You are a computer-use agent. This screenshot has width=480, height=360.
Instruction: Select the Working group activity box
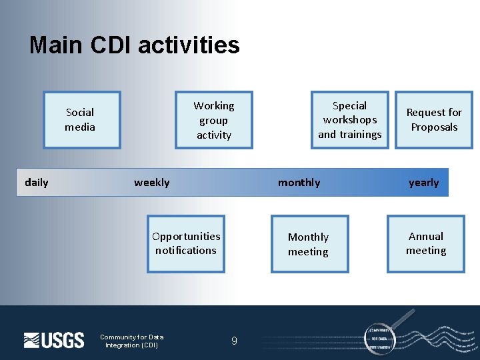(213, 120)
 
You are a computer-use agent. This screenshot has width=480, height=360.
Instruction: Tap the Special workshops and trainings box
(349, 120)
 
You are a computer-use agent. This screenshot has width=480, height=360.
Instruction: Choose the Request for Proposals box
(434, 120)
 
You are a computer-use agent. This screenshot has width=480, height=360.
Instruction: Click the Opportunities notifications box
(186, 243)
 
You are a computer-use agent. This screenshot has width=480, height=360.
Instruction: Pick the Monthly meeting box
(309, 244)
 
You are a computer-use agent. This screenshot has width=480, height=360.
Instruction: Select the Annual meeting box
(426, 243)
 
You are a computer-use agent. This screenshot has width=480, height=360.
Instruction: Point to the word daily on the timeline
(36, 182)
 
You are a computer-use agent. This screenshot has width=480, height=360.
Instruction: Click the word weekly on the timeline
(151, 182)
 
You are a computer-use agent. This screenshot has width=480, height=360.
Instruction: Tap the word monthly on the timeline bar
(299, 182)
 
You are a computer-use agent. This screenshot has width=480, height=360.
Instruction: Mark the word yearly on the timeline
(423, 182)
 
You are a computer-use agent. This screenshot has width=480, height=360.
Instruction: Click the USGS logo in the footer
(54, 340)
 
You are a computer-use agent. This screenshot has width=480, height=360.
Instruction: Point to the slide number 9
(234, 341)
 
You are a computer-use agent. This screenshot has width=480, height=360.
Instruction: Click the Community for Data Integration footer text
(131, 341)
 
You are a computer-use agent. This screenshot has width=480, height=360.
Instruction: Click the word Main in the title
(55, 45)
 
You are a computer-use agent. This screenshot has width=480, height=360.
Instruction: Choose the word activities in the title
(189, 45)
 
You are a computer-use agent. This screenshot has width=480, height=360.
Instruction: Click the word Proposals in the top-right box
(434, 127)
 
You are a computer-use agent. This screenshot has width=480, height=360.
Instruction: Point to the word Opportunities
(186, 236)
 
